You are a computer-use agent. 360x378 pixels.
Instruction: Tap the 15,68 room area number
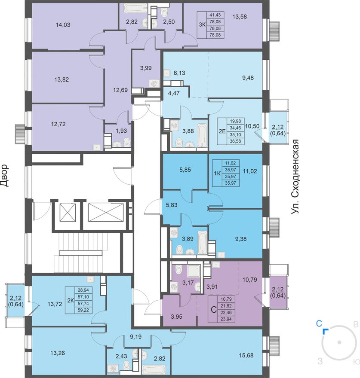point(246,355)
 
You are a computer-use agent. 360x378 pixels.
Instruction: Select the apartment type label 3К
point(202,25)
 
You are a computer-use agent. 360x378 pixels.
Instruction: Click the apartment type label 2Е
point(222,131)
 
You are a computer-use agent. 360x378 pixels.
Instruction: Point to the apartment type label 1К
point(217,173)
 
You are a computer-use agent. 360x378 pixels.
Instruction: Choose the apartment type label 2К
point(70,300)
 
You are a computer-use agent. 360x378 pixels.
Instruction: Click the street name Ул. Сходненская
point(295,177)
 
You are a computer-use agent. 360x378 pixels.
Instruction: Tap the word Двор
point(4,176)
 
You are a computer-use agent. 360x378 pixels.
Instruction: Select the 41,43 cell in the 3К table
point(215,15)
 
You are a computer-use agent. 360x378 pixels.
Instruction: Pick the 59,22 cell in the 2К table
point(83,310)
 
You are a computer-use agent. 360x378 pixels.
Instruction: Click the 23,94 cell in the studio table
point(226,320)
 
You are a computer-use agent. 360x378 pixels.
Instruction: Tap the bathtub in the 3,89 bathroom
point(202,243)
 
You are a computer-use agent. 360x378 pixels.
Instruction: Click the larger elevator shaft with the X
point(106,212)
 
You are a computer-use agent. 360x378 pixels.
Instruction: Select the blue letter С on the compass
point(319,323)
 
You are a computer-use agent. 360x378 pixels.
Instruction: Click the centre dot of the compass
point(339,342)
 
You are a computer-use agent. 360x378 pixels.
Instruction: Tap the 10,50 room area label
point(252,126)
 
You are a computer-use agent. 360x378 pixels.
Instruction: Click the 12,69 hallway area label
point(120,90)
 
